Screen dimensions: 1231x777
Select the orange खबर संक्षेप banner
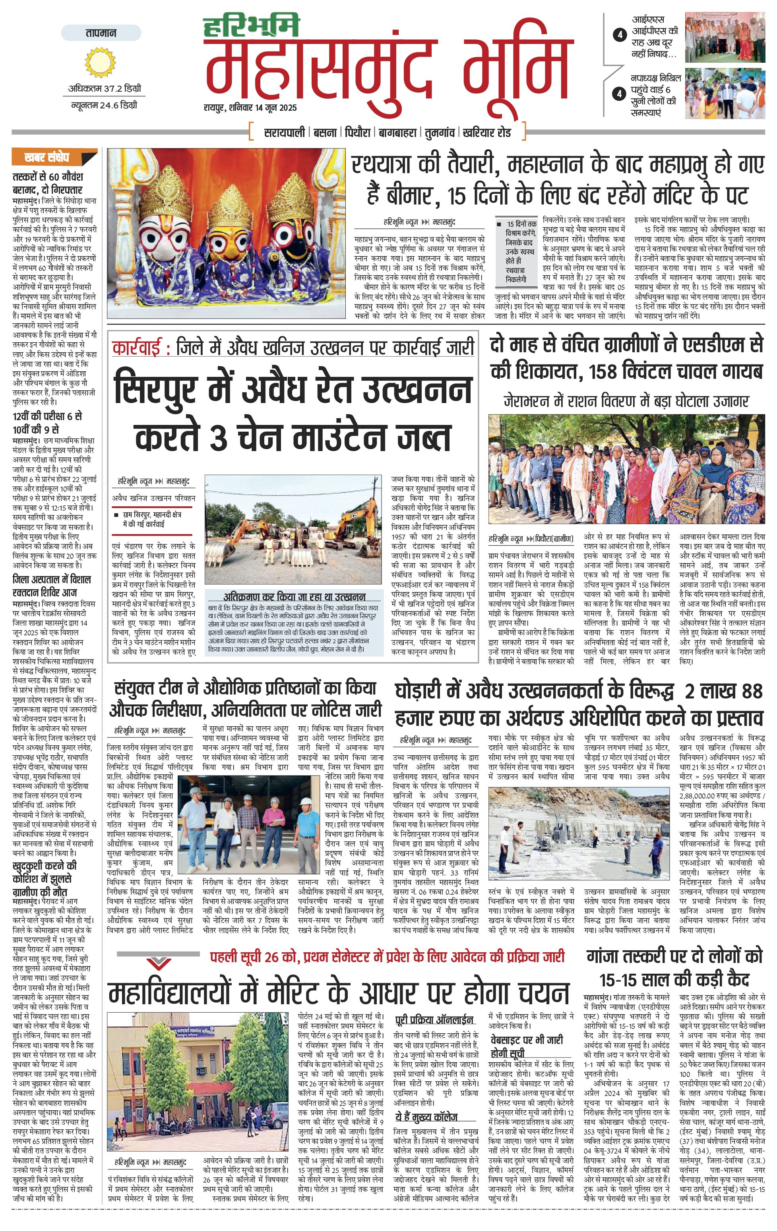tap(54, 157)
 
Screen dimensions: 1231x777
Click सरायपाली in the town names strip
tap(285, 132)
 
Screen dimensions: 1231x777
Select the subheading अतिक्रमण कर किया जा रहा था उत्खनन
tap(294, 596)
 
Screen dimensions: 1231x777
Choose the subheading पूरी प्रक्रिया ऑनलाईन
tap(434, 1020)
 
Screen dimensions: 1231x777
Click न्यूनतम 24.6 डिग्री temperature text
tap(103, 105)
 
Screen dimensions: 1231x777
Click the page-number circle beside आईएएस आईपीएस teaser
tap(620, 35)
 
